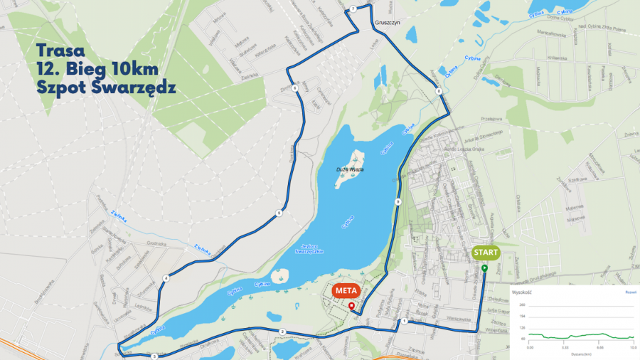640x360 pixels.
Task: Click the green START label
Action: click(484, 252)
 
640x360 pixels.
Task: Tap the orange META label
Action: click(346, 290)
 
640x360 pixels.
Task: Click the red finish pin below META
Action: click(351, 306)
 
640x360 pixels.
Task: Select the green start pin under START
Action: click(484, 268)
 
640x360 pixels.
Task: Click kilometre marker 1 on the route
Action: click(404, 322)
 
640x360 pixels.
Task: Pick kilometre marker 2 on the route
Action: click(282, 332)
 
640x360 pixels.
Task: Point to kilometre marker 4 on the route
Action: click(166, 278)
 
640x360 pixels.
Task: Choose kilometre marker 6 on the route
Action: click(294, 88)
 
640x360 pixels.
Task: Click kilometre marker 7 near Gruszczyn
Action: click(353, 9)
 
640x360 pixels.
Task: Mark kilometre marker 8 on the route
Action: click(439, 91)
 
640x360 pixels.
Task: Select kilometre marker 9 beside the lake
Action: click(398, 203)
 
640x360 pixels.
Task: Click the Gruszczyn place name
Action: click(389, 23)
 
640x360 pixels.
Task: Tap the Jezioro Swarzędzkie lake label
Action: click(308, 249)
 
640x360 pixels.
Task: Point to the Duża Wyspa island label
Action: click(351, 169)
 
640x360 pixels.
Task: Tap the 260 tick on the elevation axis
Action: click(523, 305)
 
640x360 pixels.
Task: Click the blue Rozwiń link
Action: click(631, 292)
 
